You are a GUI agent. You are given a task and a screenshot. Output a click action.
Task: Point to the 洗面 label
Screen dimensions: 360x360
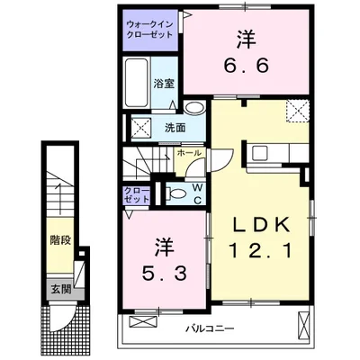tap(175, 128)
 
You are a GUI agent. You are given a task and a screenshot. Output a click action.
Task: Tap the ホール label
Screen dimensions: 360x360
tap(187, 153)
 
